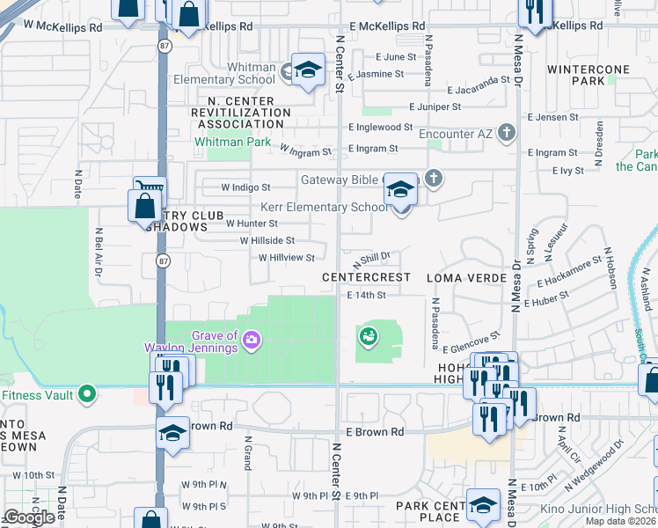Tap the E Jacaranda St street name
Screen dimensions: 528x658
click(479, 90)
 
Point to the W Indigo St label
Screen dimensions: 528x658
click(245, 187)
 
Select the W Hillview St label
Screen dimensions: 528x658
click(286, 258)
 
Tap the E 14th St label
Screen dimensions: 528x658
click(367, 296)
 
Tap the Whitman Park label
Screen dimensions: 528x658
click(232, 141)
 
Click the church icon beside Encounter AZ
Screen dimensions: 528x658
click(506, 132)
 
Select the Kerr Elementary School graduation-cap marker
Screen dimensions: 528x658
click(400, 190)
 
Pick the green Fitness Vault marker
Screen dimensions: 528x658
click(86, 394)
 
